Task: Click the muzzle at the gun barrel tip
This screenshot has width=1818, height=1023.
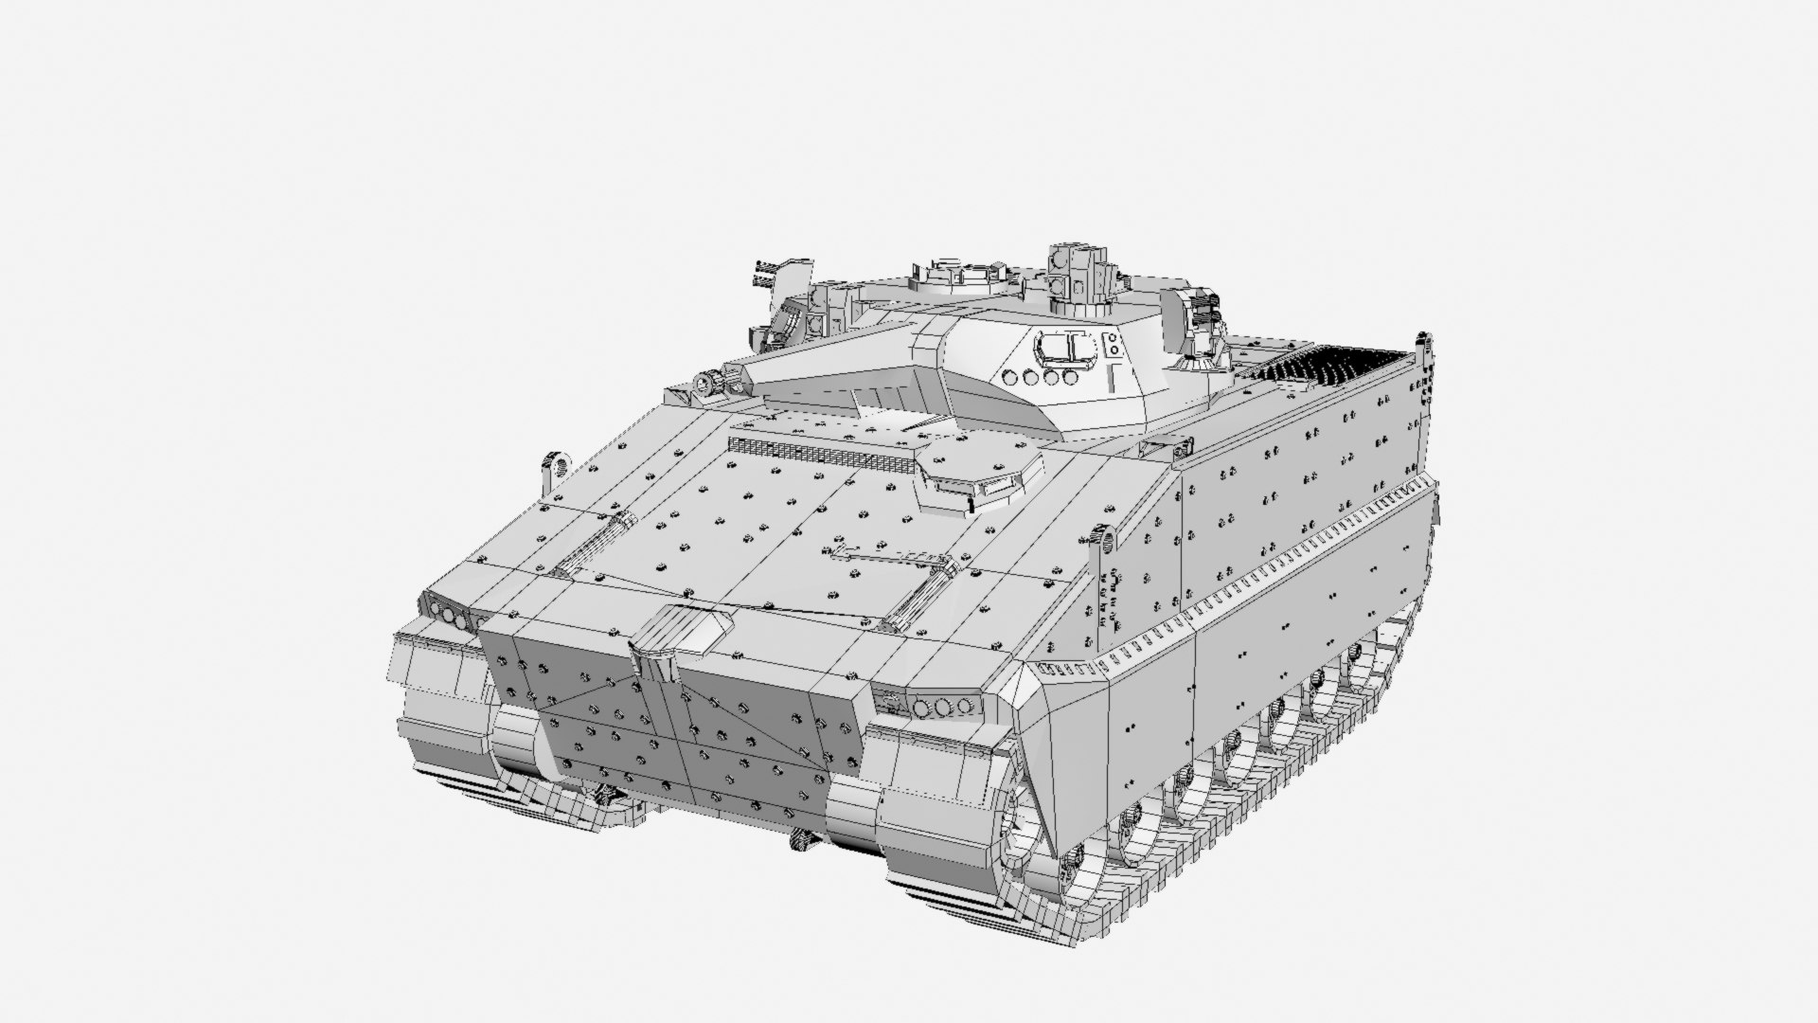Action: [706, 382]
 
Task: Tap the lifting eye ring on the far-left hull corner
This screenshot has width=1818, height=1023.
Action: [554, 465]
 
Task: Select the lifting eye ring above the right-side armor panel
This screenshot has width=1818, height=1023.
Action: [1104, 539]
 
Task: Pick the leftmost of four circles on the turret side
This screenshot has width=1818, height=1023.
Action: [1012, 376]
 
